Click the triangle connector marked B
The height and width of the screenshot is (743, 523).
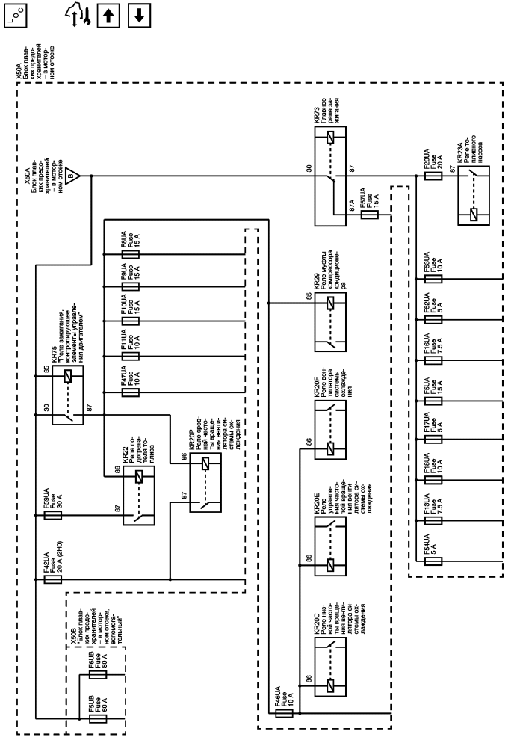[x=72, y=176]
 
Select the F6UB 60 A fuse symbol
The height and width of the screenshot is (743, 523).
[x=96, y=673]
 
